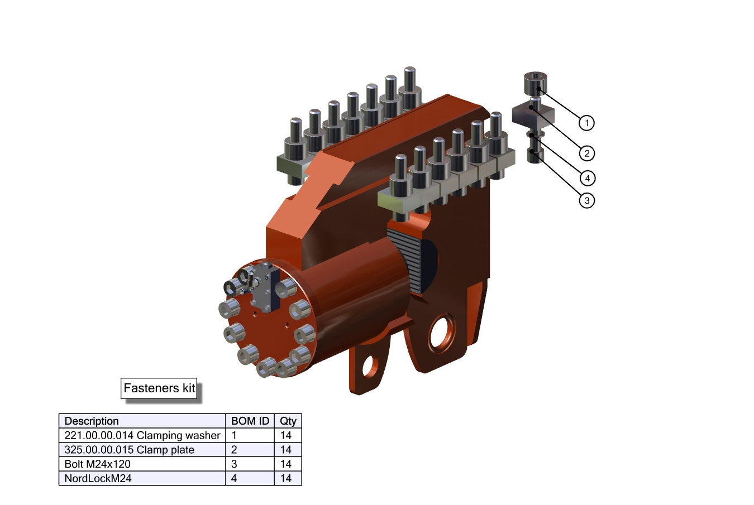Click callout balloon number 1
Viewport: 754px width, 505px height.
click(586, 123)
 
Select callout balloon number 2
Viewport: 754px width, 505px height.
click(586, 153)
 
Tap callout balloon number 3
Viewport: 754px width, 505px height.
click(586, 200)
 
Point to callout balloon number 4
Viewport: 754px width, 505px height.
click(588, 178)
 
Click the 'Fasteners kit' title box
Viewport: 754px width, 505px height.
click(159, 388)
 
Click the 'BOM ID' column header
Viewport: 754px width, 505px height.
click(250, 421)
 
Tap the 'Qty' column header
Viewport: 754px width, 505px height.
click(288, 421)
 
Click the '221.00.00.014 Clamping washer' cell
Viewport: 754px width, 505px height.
click(142, 435)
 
